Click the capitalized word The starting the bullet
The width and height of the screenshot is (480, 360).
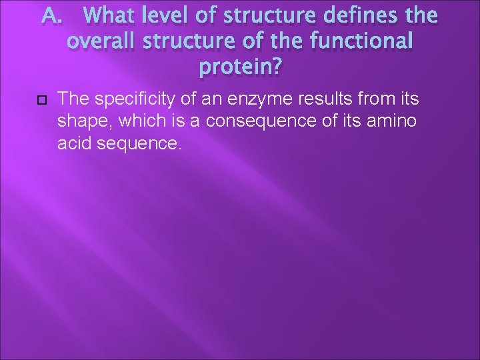pos(73,100)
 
